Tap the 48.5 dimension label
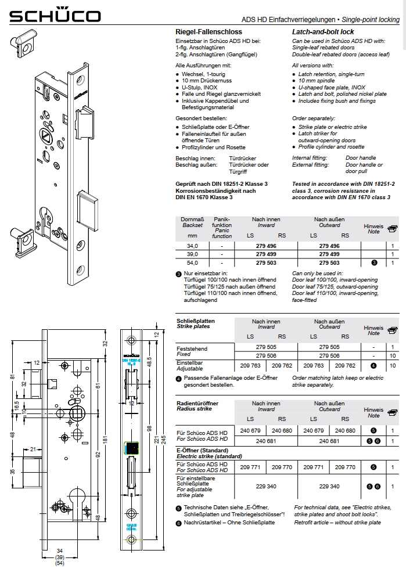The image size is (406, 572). click(150, 362)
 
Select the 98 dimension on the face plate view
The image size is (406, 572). click(149, 428)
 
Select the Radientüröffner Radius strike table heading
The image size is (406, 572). click(197, 405)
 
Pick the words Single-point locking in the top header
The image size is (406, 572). click(371, 20)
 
